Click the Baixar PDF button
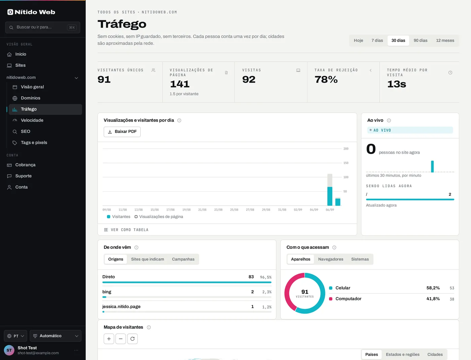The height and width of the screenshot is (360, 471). [122, 132]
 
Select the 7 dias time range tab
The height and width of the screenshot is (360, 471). [377, 41]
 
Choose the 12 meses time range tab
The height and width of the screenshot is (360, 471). [445, 41]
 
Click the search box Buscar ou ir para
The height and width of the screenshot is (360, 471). [43, 27]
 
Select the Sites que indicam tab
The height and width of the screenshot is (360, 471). [147, 259]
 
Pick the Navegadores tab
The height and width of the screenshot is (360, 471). [330, 259]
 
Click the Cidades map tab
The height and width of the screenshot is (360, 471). [435, 354]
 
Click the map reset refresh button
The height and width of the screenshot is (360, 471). [133, 339]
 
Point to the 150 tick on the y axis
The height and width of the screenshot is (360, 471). [346, 163]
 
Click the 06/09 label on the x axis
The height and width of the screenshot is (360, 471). [330, 210]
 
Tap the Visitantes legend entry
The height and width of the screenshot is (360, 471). [119, 217]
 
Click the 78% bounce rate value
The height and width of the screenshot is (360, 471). [326, 79]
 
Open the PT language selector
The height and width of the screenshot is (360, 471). [15, 336]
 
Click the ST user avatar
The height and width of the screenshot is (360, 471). [9, 350]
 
